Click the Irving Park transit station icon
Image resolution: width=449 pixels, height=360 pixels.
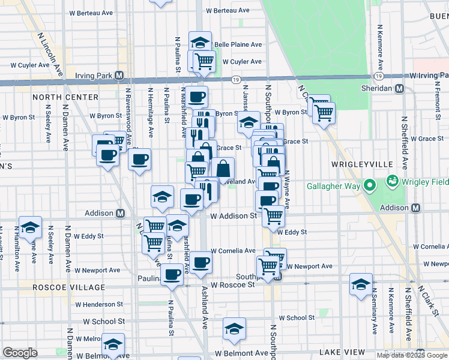[x=119, y=76]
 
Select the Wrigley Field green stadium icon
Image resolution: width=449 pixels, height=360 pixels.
[x=393, y=179]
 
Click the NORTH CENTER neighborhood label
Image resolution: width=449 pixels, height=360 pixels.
[x=65, y=97]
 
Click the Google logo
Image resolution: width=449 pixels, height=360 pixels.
[x=20, y=353]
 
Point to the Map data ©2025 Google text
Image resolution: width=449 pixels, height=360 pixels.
[x=412, y=355]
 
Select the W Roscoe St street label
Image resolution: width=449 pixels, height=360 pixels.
[x=232, y=284]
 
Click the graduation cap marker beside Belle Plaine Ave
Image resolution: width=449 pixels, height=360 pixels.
[x=200, y=42]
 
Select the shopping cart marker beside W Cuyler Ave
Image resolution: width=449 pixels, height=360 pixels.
[x=204, y=61]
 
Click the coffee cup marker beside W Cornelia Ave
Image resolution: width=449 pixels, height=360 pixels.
[x=201, y=262]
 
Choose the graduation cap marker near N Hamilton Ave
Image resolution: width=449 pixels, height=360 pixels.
[x=30, y=227]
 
